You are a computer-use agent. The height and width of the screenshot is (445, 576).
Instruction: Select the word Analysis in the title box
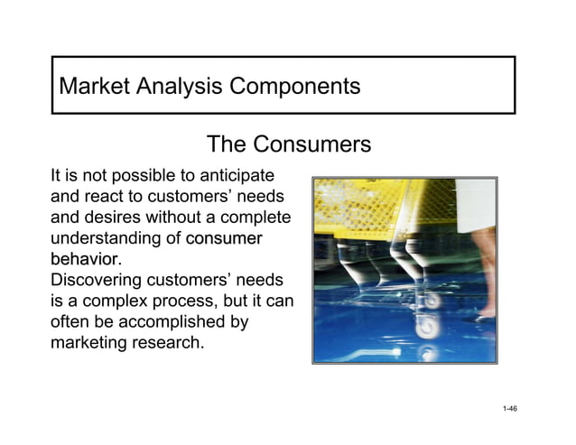[180, 88]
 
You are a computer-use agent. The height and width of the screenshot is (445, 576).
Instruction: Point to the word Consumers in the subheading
[311, 144]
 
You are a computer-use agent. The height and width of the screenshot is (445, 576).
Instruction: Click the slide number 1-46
[509, 410]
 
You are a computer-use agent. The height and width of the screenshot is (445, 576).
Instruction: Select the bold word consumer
[224, 239]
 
